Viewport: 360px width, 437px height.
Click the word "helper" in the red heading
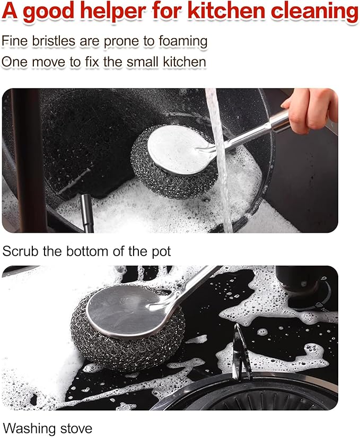(114, 12)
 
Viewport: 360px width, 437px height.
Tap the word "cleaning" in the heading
(314, 12)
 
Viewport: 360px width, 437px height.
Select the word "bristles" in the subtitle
(54, 41)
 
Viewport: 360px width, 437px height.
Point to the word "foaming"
(183, 42)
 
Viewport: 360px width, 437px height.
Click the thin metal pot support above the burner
(241, 352)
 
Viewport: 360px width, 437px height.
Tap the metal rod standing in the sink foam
(87, 213)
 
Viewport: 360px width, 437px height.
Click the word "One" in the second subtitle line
(14, 62)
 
